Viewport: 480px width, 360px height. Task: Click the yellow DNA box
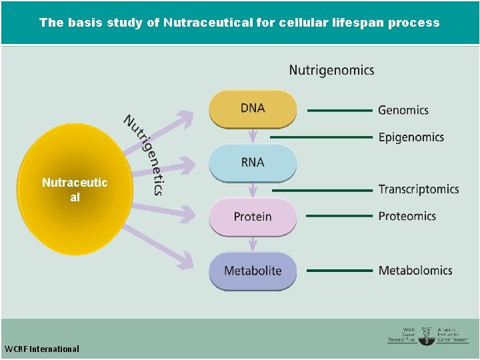(253, 108)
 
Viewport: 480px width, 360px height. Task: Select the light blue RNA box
(253, 162)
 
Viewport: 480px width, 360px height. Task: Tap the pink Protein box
(253, 217)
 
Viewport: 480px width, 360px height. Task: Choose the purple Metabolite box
(253, 271)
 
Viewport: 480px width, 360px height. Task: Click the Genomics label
(403, 110)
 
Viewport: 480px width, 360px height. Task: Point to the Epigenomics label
(411, 137)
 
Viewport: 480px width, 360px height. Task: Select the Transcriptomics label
(418, 189)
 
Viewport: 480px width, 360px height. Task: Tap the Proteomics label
(407, 216)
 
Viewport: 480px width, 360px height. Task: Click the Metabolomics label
(415, 271)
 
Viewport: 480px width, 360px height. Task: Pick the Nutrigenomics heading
(331, 70)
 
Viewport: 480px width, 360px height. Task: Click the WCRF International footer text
(41, 349)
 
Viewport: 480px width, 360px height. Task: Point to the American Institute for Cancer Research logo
(452, 335)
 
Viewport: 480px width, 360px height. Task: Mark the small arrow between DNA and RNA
(253, 136)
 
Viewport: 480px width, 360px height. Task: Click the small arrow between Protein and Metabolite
(253, 244)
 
